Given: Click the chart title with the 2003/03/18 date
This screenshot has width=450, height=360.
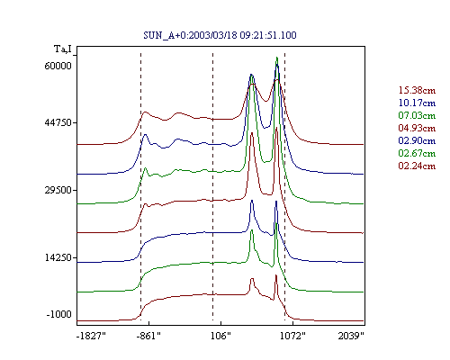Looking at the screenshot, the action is tap(220, 35).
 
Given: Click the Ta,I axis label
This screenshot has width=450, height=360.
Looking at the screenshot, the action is tap(63, 49).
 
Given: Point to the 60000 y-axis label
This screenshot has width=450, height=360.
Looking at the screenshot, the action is tap(58, 66).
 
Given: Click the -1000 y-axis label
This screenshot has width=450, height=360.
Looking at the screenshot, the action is tap(58, 314).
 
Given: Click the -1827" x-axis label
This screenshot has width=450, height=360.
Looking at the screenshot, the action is tap(91, 336).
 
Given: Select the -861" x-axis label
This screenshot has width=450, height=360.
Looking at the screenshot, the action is tap(148, 336).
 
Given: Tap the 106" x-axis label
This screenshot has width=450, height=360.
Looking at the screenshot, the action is tap(220, 336).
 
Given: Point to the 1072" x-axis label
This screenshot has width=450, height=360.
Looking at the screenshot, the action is tap(292, 336).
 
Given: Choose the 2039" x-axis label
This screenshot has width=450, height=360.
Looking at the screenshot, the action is tap(351, 336).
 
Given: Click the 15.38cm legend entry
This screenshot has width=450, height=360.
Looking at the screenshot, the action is tap(417, 90).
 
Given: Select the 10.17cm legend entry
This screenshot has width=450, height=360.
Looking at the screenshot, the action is tap(417, 103).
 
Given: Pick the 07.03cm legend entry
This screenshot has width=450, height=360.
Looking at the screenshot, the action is tap(417, 115).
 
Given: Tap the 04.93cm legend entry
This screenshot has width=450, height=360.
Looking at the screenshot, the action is tap(417, 128).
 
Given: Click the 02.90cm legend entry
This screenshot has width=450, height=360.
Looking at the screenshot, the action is tap(417, 140).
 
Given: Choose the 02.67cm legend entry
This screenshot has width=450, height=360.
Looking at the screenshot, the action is tap(417, 153).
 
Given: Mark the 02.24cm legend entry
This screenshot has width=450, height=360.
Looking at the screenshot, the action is tap(417, 166).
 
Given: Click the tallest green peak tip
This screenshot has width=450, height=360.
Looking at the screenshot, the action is tap(277, 57).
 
